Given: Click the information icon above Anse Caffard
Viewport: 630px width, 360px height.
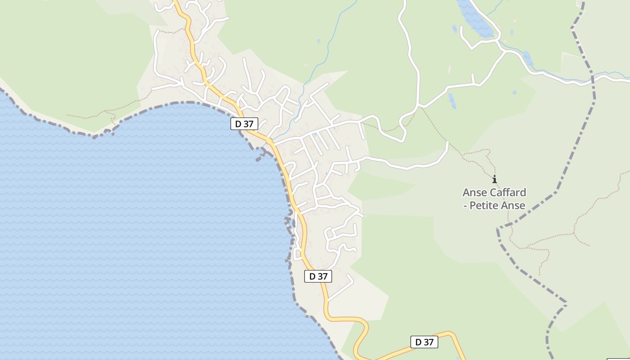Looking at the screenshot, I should (x=495, y=179).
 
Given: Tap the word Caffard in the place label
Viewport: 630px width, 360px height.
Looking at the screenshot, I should (x=508, y=193).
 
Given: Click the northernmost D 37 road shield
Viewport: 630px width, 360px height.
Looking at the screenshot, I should (x=244, y=124).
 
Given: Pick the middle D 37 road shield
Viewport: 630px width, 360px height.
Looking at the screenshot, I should (x=318, y=276).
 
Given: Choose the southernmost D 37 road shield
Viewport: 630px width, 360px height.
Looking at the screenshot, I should (x=424, y=342).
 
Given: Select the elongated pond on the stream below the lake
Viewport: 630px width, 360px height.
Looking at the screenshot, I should (x=528, y=58).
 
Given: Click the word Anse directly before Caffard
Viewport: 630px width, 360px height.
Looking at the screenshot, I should (x=474, y=193).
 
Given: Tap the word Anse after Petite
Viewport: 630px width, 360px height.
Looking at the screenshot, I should (x=515, y=206).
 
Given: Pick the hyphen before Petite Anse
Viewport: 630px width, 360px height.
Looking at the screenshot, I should (x=465, y=206).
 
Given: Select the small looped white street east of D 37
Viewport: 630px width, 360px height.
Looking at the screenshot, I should (x=329, y=234).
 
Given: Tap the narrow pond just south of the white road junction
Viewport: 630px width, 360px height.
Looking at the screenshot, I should (x=452, y=101).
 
